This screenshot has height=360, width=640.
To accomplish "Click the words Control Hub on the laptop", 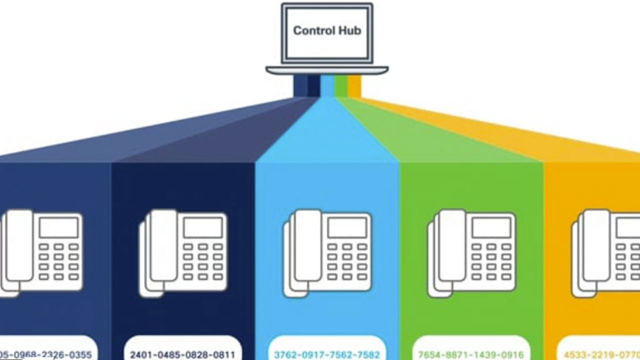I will [x=327, y=31].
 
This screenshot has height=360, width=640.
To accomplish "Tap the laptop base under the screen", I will [x=327, y=70].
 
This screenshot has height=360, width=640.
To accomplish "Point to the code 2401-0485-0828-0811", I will [x=182, y=355].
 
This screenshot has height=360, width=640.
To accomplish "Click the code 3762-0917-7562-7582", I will [x=327, y=355].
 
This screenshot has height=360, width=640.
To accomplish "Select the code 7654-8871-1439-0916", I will [x=471, y=355].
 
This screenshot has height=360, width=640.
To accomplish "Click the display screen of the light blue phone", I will [x=347, y=227].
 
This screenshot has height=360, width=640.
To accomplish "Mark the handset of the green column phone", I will [x=451, y=245].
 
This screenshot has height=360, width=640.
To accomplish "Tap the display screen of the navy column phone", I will [x=202, y=227].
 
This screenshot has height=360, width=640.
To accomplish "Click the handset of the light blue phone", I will [x=307, y=245].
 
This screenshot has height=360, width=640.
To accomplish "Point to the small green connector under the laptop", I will [x=341, y=86].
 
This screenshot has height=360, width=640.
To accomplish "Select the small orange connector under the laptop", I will [x=354, y=86].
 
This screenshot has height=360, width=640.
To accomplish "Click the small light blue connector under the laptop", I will [x=327, y=86].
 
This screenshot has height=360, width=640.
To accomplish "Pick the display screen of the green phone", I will [x=491, y=227].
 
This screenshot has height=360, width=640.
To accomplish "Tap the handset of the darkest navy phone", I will [x=163, y=245].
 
